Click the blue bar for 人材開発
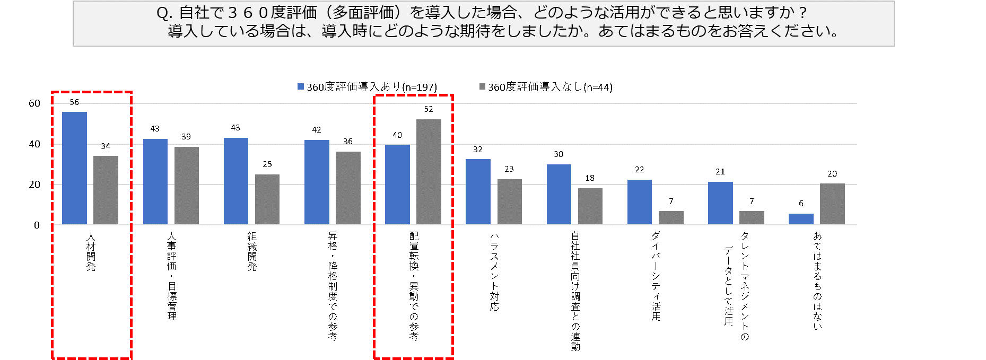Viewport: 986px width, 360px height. click(74, 168)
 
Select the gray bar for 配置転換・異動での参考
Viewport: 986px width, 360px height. click(429, 172)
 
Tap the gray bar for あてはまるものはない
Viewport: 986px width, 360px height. click(832, 204)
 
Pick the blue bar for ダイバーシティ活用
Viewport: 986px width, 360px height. click(639, 202)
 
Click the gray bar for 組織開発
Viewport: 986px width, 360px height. click(267, 199)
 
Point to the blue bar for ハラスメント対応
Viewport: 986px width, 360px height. click(478, 191)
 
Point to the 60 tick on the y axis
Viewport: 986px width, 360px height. click(34, 103)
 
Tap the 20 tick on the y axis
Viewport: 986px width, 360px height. click(34, 185)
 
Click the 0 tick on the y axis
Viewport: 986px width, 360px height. click(37, 225)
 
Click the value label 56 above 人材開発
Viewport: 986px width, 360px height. click(74, 102)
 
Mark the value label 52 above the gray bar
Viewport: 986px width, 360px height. click(429, 109)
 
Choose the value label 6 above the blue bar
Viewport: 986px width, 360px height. click(801, 204)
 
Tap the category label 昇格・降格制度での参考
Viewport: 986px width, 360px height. click(333, 286)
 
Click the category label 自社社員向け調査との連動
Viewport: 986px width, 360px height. click(575, 291)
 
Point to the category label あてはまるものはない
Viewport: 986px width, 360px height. click(817, 280)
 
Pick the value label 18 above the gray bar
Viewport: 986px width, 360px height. click(590, 178)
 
